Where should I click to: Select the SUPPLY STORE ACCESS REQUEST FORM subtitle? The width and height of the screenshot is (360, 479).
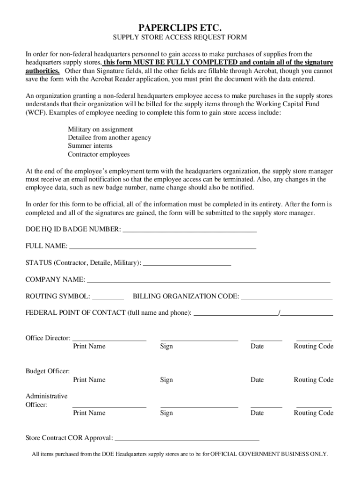click(x=180, y=37)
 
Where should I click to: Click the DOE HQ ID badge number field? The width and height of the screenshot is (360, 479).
click(x=189, y=230)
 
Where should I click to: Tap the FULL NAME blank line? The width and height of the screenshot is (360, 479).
click(x=162, y=247)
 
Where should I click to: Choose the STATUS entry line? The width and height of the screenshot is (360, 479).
click(x=187, y=263)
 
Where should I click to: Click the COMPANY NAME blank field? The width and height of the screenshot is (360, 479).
click(x=209, y=280)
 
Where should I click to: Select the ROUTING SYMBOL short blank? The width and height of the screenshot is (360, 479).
click(x=108, y=297)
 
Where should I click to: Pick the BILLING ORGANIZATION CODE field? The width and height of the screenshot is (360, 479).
click(x=287, y=297)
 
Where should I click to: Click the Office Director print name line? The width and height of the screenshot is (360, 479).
click(x=109, y=339)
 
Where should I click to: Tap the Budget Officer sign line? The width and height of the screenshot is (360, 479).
click(x=199, y=372)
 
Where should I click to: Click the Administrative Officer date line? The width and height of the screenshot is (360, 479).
click(x=266, y=406)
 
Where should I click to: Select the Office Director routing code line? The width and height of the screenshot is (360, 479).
click(x=314, y=339)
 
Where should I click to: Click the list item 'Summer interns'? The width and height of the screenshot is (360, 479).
click(x=90, y=146)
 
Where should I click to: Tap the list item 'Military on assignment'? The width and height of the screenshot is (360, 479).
click(x=100, y=129)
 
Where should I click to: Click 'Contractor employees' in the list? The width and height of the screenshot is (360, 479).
click(x=99, y=154)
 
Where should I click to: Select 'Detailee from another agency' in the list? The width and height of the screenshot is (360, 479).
click(x=109, y=138)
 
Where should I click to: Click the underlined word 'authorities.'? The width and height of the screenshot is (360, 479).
click(x=42, y=71)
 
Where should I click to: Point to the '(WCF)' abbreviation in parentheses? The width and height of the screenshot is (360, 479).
click(x=36, y=113)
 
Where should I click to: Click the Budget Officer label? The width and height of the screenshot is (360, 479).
click(x=47, y=371)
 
